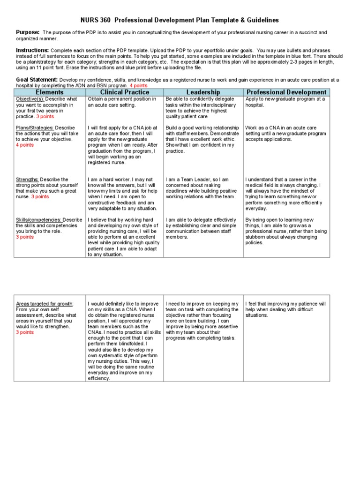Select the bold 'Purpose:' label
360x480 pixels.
[28, 32]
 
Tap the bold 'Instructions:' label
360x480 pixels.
[32, 50]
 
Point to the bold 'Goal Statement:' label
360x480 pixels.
[37, 80]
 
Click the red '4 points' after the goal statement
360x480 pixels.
[138, 86]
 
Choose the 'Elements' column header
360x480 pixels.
[50, 92]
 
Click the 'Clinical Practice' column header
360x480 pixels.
[124, 92]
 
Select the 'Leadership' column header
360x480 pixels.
[202, 92]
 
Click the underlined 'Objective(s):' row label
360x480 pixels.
[30, 99]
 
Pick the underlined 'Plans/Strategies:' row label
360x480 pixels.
[35, 128]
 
